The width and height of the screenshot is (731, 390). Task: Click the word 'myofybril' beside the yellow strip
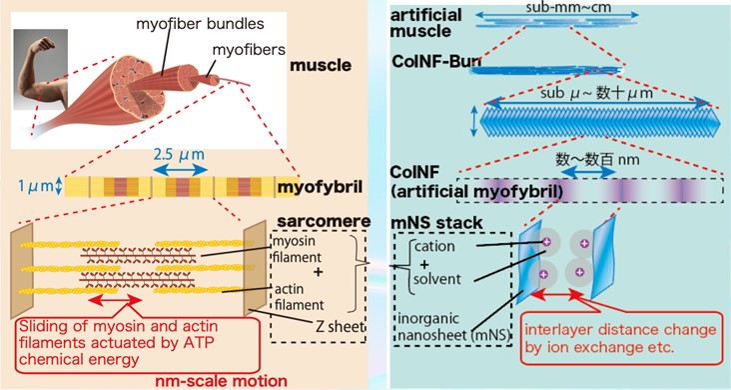tap(315, 186)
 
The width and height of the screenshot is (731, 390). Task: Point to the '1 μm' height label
tap(30, 186)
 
